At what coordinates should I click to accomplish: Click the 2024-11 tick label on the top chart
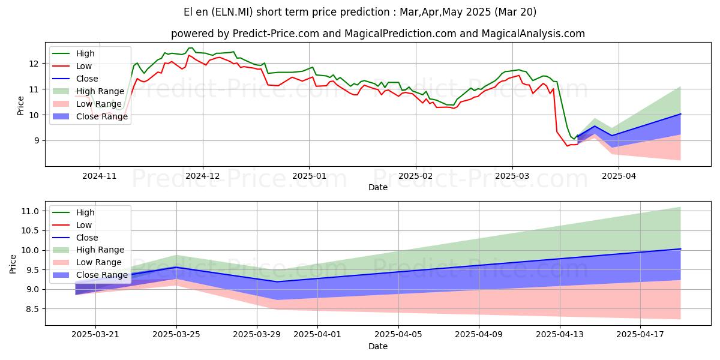point(99,176)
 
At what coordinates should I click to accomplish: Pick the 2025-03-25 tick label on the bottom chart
point(176,335)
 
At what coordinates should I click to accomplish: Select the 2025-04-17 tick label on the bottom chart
point(640,335)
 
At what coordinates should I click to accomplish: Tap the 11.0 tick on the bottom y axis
point(31,211)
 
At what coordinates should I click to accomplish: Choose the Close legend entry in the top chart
point(87,79)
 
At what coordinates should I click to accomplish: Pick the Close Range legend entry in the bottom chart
point(101,275)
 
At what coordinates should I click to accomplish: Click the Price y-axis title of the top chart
point(21,103)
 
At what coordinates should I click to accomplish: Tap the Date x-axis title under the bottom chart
point(378,346)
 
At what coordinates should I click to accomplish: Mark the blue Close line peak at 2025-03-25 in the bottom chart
point(176,267)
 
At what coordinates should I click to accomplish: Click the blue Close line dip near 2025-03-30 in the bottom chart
point(277,281)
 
